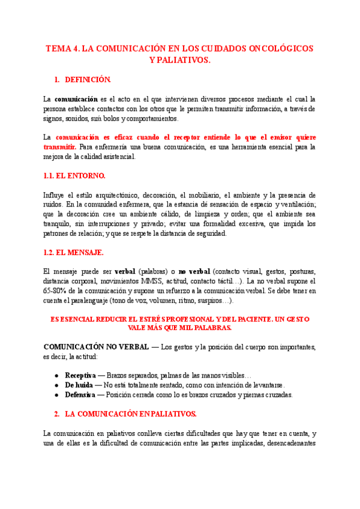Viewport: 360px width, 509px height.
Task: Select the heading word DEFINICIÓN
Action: (x=88, y=79)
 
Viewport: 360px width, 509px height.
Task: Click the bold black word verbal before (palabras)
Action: (x=125, y=271)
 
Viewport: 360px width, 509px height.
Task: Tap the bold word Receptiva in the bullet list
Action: (x=81, y=375)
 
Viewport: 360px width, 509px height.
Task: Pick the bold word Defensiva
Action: (x=80, y=394)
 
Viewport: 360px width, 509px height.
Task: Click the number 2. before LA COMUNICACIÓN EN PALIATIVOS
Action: (x=56, y=414)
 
